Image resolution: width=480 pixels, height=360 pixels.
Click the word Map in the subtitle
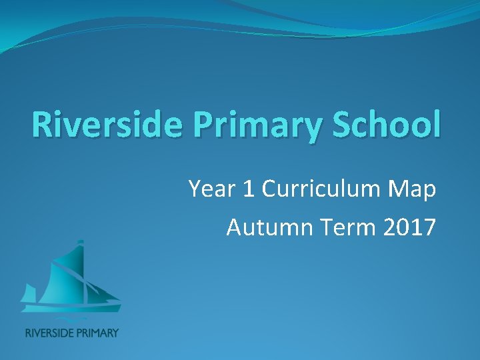(413, 191)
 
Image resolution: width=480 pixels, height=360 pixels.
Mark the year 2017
(411, 227)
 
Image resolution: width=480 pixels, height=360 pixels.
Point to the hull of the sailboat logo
(71, 307)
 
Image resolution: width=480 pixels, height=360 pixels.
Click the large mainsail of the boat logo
(63, 273)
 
